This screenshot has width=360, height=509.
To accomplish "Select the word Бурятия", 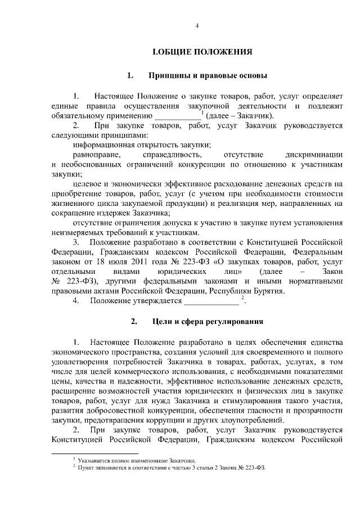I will pyautogui.click(x=267, y=291).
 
